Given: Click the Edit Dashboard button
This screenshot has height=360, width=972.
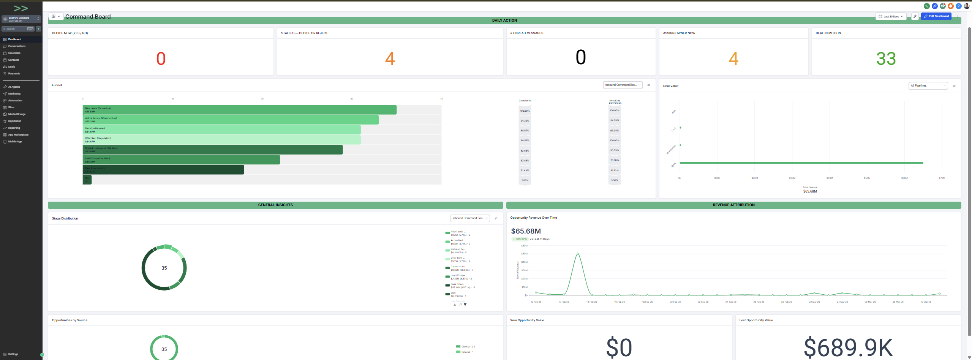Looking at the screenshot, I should [x=936, y=16].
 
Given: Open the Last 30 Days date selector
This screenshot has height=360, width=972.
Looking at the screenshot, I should [x=891, y=16].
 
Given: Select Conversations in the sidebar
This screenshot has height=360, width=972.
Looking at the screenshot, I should [x=17, y=46].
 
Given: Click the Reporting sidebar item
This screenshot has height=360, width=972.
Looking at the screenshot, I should [x=14, y=128].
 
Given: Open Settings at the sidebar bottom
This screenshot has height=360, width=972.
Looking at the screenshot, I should [x=13, y=354].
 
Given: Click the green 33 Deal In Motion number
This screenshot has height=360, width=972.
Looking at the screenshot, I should [x=886, y=59].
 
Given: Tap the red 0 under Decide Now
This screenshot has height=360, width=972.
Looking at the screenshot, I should [x=161, y=59].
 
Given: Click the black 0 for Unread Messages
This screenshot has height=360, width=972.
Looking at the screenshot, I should [x=580, y=57].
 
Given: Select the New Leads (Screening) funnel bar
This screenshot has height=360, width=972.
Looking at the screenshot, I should [x=239, y=110].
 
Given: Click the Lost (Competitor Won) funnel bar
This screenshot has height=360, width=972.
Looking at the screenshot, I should [x=181, y=160].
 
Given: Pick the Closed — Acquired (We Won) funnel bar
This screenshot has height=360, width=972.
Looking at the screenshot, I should [x=212, y=150].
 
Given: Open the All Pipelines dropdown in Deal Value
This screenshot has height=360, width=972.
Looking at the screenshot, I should [x=928, y=86].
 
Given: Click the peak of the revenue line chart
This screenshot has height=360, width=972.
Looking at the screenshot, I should [x=578, y=253].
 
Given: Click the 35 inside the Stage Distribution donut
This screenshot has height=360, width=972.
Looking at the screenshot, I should [x=164, y=268].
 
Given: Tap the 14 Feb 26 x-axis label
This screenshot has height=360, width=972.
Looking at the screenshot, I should [x=591, y=302].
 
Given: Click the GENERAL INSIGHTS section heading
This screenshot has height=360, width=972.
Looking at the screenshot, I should [x=275, y=205].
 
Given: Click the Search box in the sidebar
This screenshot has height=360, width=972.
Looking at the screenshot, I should [x=15, y=29].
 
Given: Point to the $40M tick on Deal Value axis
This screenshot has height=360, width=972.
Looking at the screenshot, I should [x=830, y=178].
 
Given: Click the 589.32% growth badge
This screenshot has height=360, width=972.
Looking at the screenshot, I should [x=520, y=239].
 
